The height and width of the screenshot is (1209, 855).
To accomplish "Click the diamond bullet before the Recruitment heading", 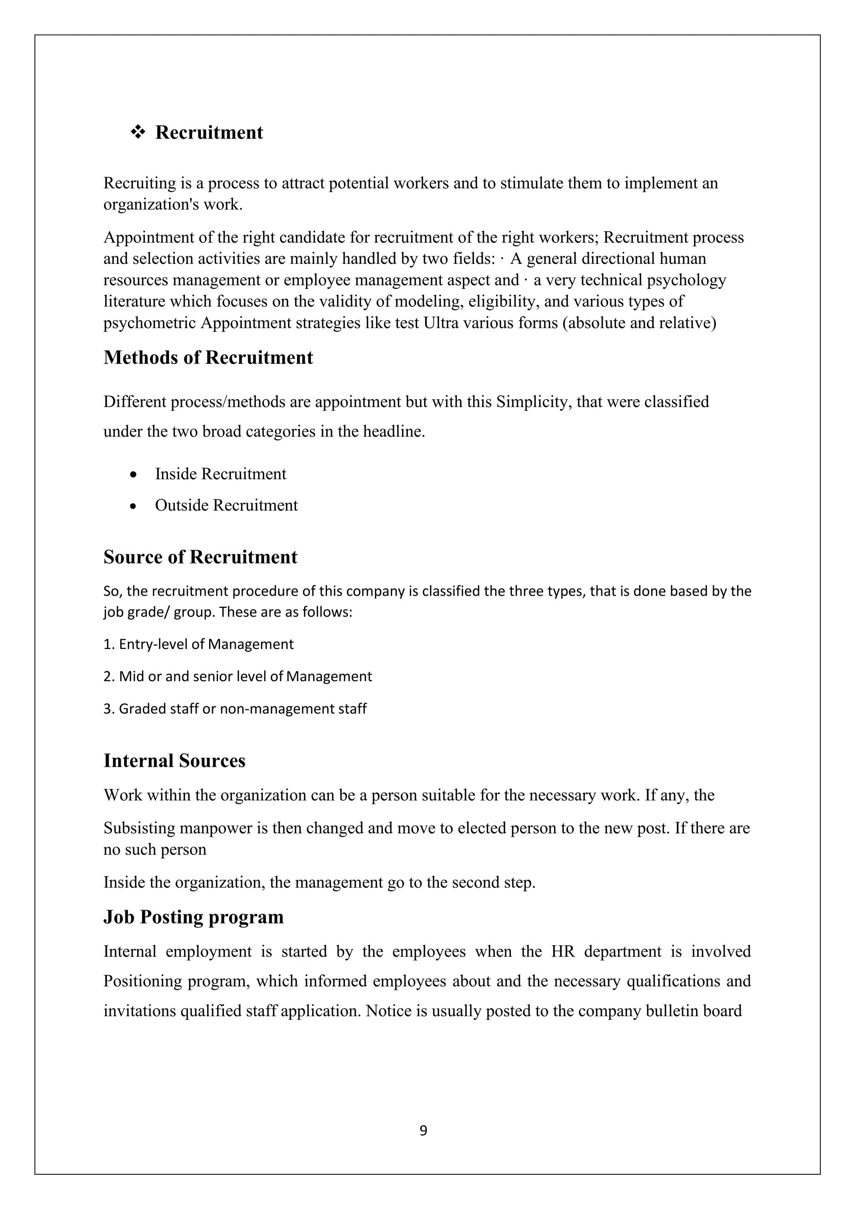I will click(x=138, y=132).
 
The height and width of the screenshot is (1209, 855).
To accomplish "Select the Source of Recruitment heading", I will click(x=200, y=557).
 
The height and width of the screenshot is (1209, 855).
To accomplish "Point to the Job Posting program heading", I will click(x=193, y=917).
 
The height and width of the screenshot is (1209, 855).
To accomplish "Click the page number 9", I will click(x=423, y=1130).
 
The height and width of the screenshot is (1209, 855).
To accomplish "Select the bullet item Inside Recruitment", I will click(x=220, y=474).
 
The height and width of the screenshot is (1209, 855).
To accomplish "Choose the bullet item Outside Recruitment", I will click(x=226, y=506).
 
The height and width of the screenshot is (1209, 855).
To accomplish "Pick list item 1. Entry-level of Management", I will click(x=198, y=645).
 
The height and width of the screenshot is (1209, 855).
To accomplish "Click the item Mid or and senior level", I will click(x=238, y=677).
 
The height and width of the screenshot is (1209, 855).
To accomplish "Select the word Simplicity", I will click(x=533, y=402).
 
